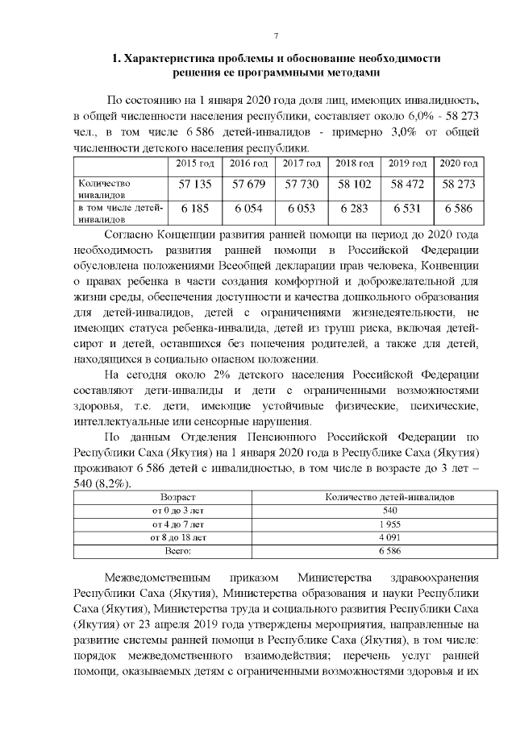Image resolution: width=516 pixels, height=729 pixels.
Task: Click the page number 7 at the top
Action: click(x=276, y=35)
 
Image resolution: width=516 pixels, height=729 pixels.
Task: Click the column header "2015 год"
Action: click(x=195, y=164)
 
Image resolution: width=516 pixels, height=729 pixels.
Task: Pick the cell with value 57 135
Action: click(x=195, y=184)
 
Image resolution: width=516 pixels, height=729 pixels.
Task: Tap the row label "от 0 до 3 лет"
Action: click(x=178, y=511)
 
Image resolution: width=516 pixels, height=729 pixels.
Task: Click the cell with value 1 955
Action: click(x=389, y=524)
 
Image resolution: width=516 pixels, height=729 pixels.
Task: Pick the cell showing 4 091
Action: click(x=389, y=536)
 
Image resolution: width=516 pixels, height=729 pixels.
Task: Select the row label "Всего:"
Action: click(x=178, y=550)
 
